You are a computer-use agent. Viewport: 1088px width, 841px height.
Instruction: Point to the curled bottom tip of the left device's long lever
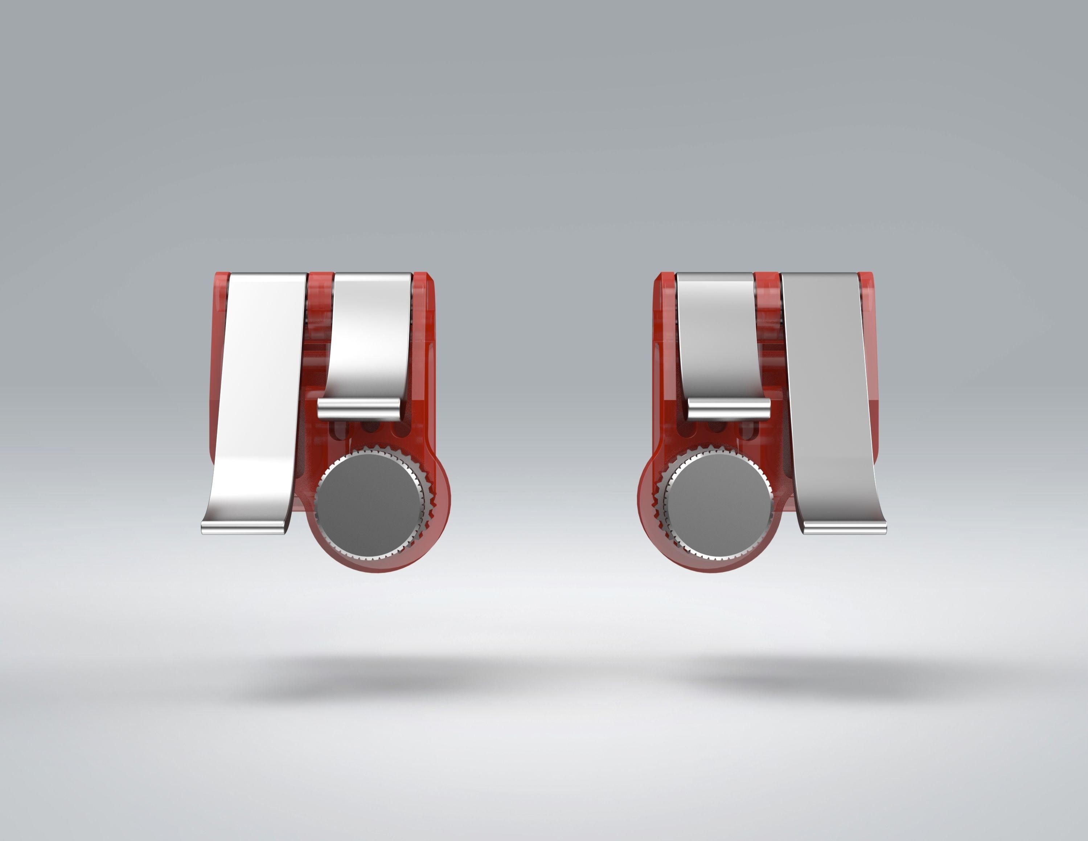click(x=244, y=527)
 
